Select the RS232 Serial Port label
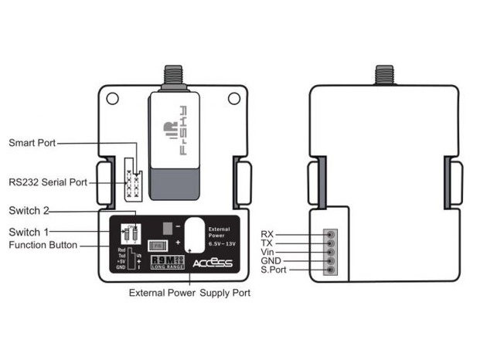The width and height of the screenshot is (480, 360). pyautogui.click(x=47, y=183)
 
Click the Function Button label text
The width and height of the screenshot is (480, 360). pyautogui.click(x=43, y=245)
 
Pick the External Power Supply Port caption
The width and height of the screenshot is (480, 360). pyautogui.click(x=189, y=294)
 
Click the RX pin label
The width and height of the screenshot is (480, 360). pyautogui.click(x=267, y=233)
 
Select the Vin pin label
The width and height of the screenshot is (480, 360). pyautogui.click(x=267, y=252)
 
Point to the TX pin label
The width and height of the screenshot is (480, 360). pyautogui.click(x=267, y=243)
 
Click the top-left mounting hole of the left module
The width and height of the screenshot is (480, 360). pyautogui.click(x=113, y=98)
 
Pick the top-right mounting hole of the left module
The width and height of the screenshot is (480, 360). pyautogui.click(x=233, y=98)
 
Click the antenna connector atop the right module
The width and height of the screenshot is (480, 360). pyautogui.click(x=384, y=76)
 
